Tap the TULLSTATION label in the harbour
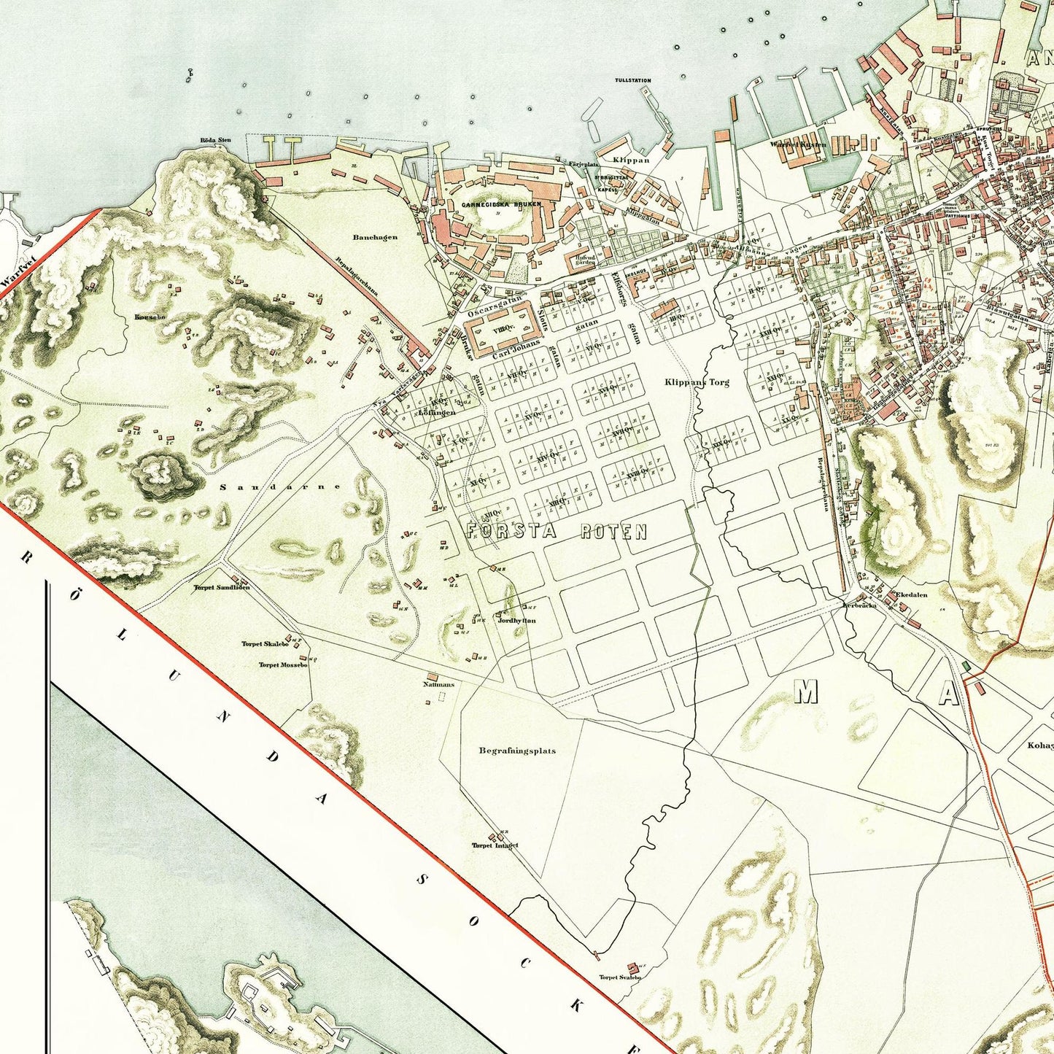pyautogui.click(x=632, y=80)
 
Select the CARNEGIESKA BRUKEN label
pyautogui.click(x=501, y=205)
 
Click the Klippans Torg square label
pyautogui.click(x=697, y=381)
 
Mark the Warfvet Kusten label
pyautogui.click(x=798, y=144)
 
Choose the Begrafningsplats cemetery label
pyautogui.click(x=517, y=750)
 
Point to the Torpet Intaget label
pyautogui.click(x=495, y=845)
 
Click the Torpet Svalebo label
pyautogui.click(x=619, y=977)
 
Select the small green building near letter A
pyautogui.click(x=966, y=665)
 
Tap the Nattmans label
pyautogui.click(x=438, y=684)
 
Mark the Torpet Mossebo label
pyautogui.click(x=283, y=664)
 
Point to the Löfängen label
pyautogui.click(x=437, y=412)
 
